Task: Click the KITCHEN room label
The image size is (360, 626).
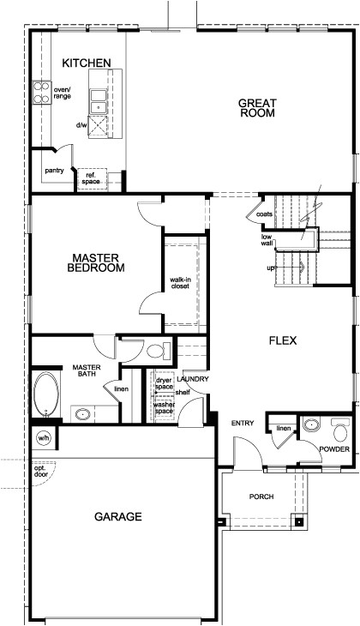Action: tap(87, 63)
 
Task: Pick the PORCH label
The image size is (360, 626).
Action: tap(261, 497)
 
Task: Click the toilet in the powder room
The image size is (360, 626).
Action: tap(341, 427)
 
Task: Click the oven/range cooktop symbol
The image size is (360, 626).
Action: tap(40, 93)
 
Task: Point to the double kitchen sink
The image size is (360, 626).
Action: tap(99, 100)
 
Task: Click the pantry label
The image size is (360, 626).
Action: tap(55, 171)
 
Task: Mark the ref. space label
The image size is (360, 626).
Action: tap(90, 178)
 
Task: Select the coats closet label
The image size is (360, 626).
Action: tap(264, 214)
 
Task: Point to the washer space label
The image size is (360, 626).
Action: tap(165, 408)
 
